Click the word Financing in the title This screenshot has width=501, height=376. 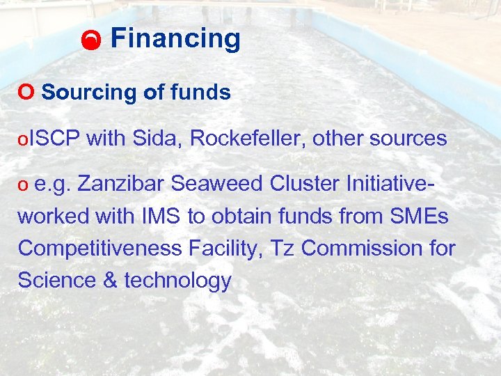[175, 39]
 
